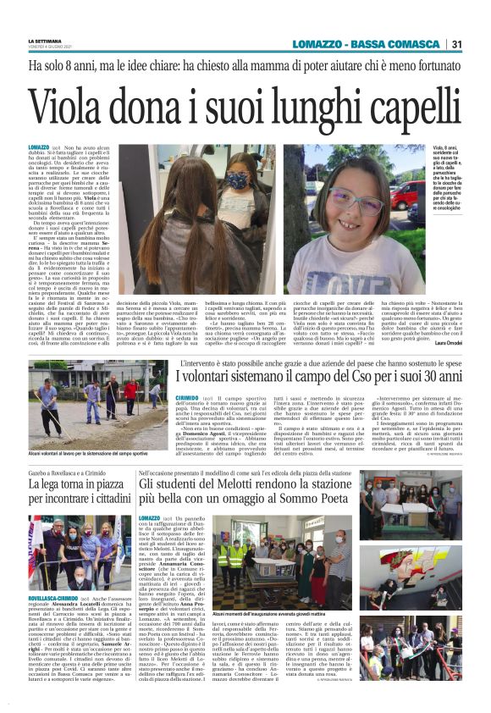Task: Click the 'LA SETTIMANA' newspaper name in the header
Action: [45, 41]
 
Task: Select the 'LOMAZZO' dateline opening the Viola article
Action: [39, 147]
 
